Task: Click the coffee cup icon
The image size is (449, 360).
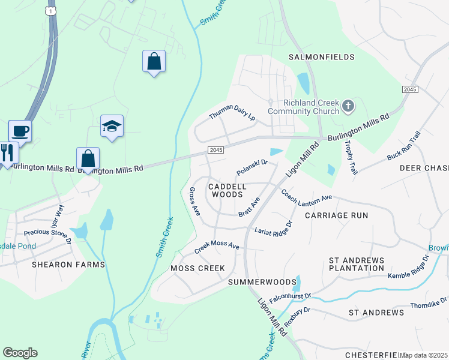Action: click(x=20, y=131)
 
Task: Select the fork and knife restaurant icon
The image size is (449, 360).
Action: click(x=7, y=153)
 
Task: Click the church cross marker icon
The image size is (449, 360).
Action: click(x=348, y=107)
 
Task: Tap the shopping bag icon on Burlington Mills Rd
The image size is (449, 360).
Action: click(x=88, y=160)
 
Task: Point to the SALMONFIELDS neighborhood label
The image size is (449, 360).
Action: click(x=322, y=57)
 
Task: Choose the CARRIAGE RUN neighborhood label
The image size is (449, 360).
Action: click(x=336, y=215)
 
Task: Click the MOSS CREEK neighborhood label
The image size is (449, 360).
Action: click(x=197, y=268)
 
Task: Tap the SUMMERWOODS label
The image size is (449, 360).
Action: click(x=263, y=282)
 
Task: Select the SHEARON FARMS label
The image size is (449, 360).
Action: click(x=68, y=265)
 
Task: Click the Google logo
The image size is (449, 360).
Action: click(x=20, y=353)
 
